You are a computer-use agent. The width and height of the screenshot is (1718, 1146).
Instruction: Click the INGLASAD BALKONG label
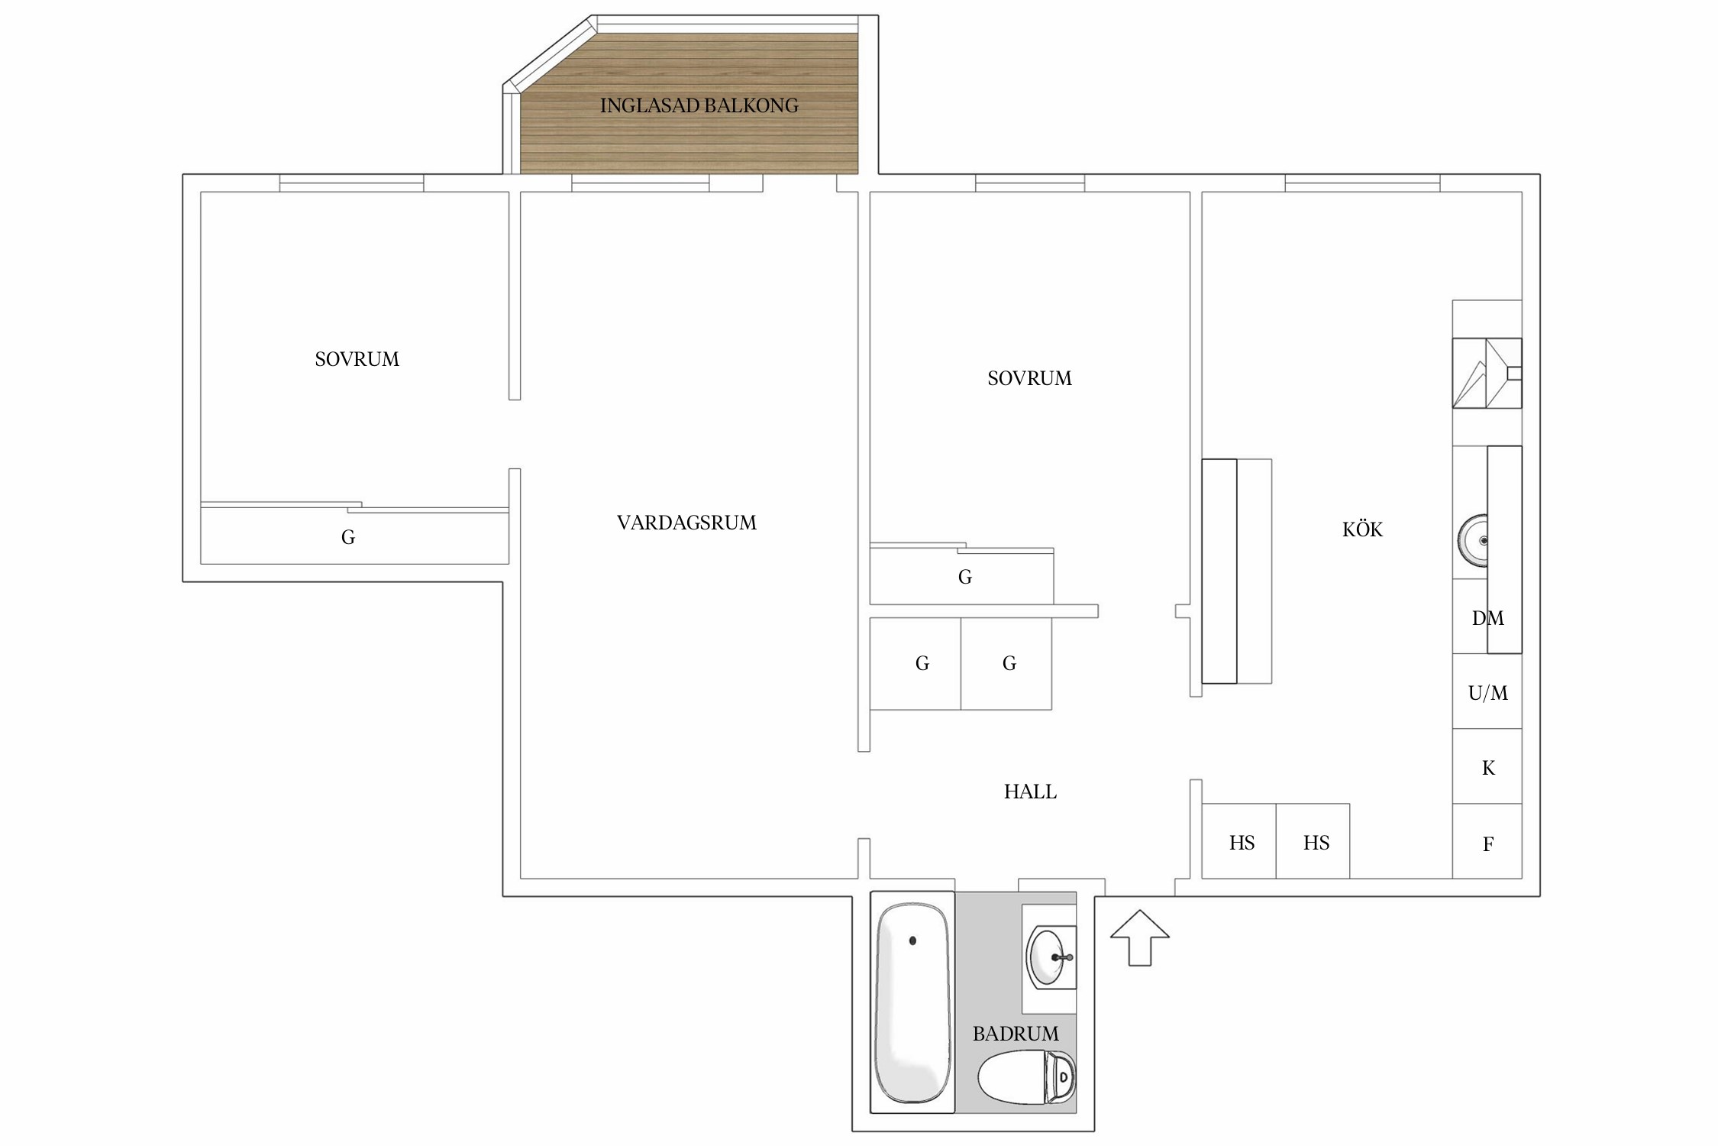tap(699, 105)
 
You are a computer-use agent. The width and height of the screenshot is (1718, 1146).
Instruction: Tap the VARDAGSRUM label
tap(686, 523)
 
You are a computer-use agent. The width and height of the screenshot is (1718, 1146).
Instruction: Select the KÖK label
tap(1362, 529)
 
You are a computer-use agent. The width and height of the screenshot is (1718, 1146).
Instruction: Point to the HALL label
tap(1030, 792)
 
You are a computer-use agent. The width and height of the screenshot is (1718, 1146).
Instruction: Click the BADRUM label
tap(1016, 1034)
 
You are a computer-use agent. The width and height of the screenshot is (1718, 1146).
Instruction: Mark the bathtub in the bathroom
tap(912, 1002)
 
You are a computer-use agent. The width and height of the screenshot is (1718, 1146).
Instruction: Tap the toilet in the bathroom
tap(1027, 1077)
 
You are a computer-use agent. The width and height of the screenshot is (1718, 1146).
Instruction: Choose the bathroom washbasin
tap(1050, 957)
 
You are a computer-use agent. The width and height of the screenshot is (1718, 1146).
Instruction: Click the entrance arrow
tap(1139, 938)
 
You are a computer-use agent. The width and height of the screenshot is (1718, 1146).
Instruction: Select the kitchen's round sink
tap(1473, 540)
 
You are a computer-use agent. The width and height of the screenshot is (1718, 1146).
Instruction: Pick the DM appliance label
tap(1487, 618)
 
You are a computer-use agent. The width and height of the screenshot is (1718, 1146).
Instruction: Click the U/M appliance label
tap(1487, 693)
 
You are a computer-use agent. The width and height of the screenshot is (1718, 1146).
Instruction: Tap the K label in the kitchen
tap(1488, 768)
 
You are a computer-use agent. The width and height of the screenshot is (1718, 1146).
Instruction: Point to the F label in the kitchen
tap(1488, 844)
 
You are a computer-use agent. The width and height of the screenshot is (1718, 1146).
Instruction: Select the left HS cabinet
tap(1239, 840)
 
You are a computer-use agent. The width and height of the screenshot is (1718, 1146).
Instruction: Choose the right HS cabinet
tap(1313, 840)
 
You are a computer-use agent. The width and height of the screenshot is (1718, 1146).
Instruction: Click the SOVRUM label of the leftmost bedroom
tap(357, 359)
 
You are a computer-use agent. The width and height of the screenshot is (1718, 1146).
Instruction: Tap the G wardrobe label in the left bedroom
tap(348, 537)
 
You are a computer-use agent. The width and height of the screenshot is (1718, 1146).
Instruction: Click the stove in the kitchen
tap(1487, 373)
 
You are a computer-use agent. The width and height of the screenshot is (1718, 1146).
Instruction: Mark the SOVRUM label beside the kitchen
tap(1029, 378)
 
